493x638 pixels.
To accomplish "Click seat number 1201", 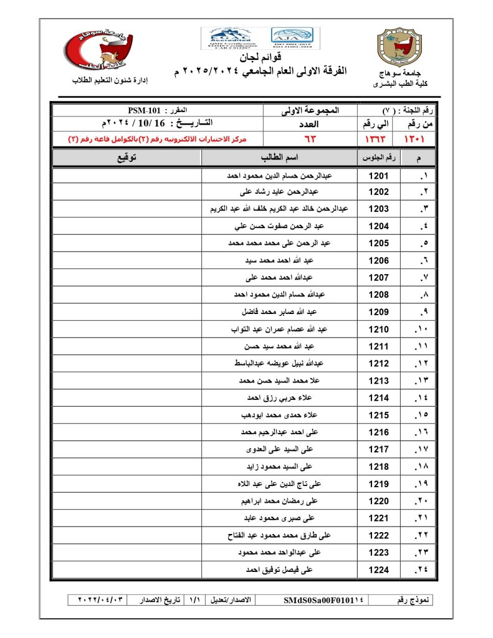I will [x=378, y=176].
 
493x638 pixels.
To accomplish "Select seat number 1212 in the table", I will [x=378, y=363].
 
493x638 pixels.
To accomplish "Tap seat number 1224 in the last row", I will [x=378, y=569].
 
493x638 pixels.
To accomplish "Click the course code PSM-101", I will [x=145, y=110].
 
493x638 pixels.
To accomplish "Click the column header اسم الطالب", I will [x=279, y=158].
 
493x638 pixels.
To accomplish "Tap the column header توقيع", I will [x=127, y=158].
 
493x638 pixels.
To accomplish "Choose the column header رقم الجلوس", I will [x=378, y=158].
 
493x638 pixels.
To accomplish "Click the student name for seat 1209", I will [x=279, y=311].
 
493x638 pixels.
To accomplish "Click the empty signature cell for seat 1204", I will [x=127, y=226].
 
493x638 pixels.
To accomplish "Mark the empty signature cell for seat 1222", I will [x=127, y=535].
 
